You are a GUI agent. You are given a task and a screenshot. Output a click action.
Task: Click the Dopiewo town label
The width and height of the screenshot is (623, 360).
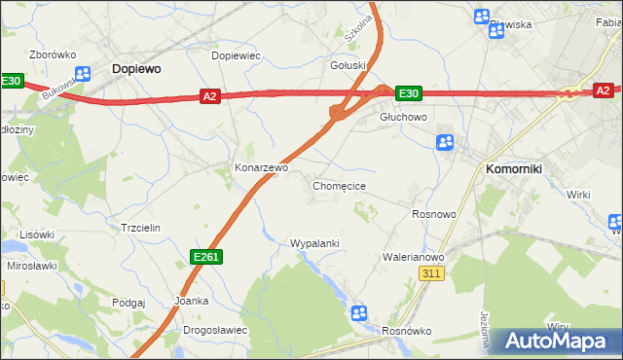(x=136, y=69)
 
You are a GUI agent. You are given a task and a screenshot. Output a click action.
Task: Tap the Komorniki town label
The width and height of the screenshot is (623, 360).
(x=513, y=168)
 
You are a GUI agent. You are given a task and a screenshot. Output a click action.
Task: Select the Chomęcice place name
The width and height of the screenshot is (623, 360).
(x=339, y=185)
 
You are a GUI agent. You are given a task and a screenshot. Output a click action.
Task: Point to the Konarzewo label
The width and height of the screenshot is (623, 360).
(x=261, y=167)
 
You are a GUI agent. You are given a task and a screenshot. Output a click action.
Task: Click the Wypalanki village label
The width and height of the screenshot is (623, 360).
(x=314, y=242)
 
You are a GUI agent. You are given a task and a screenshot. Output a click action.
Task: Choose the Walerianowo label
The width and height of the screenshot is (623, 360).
(x=413, y=257)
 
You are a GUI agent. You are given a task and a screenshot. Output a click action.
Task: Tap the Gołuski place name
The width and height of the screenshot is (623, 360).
(x=348, y=65)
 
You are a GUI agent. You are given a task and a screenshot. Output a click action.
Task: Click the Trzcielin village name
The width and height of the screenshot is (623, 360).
(x=139, y=227)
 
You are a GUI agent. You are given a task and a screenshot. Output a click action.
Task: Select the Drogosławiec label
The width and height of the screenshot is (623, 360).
(x=215, y=330)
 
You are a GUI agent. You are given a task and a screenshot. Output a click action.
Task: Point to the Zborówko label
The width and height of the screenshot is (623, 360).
(x=53, y=54)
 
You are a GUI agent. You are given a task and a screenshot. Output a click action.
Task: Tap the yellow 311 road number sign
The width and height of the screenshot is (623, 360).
(x=433, y=275)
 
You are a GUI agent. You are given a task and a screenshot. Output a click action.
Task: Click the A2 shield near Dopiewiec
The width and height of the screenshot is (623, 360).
(x=210, y=95)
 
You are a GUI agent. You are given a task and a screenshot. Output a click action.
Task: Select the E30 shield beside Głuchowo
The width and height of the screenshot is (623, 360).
(x=408, y=93)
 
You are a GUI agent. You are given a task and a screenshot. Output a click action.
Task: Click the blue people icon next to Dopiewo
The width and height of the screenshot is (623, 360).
(x=83, y=73)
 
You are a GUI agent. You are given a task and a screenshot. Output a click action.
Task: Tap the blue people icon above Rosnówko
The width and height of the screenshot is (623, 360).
(x=358, y=312)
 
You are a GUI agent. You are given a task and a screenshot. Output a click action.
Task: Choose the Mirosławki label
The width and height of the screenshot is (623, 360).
(x=30, y=265)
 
